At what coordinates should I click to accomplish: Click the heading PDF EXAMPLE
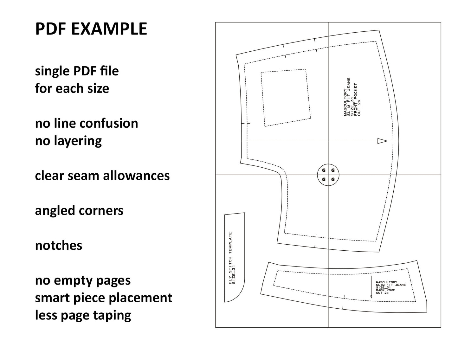pos(91,29)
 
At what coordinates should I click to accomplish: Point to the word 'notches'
pos(59,246)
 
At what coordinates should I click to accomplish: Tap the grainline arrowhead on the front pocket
pos(382,141)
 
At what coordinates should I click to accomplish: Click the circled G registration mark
pos(328,175)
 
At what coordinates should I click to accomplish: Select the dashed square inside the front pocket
pos(286,98)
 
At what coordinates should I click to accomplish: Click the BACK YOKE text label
pos(385,290)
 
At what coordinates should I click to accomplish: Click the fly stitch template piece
pos(235,257)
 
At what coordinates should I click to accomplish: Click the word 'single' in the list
pos(53,72)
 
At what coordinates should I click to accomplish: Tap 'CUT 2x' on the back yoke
pos(382,293)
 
